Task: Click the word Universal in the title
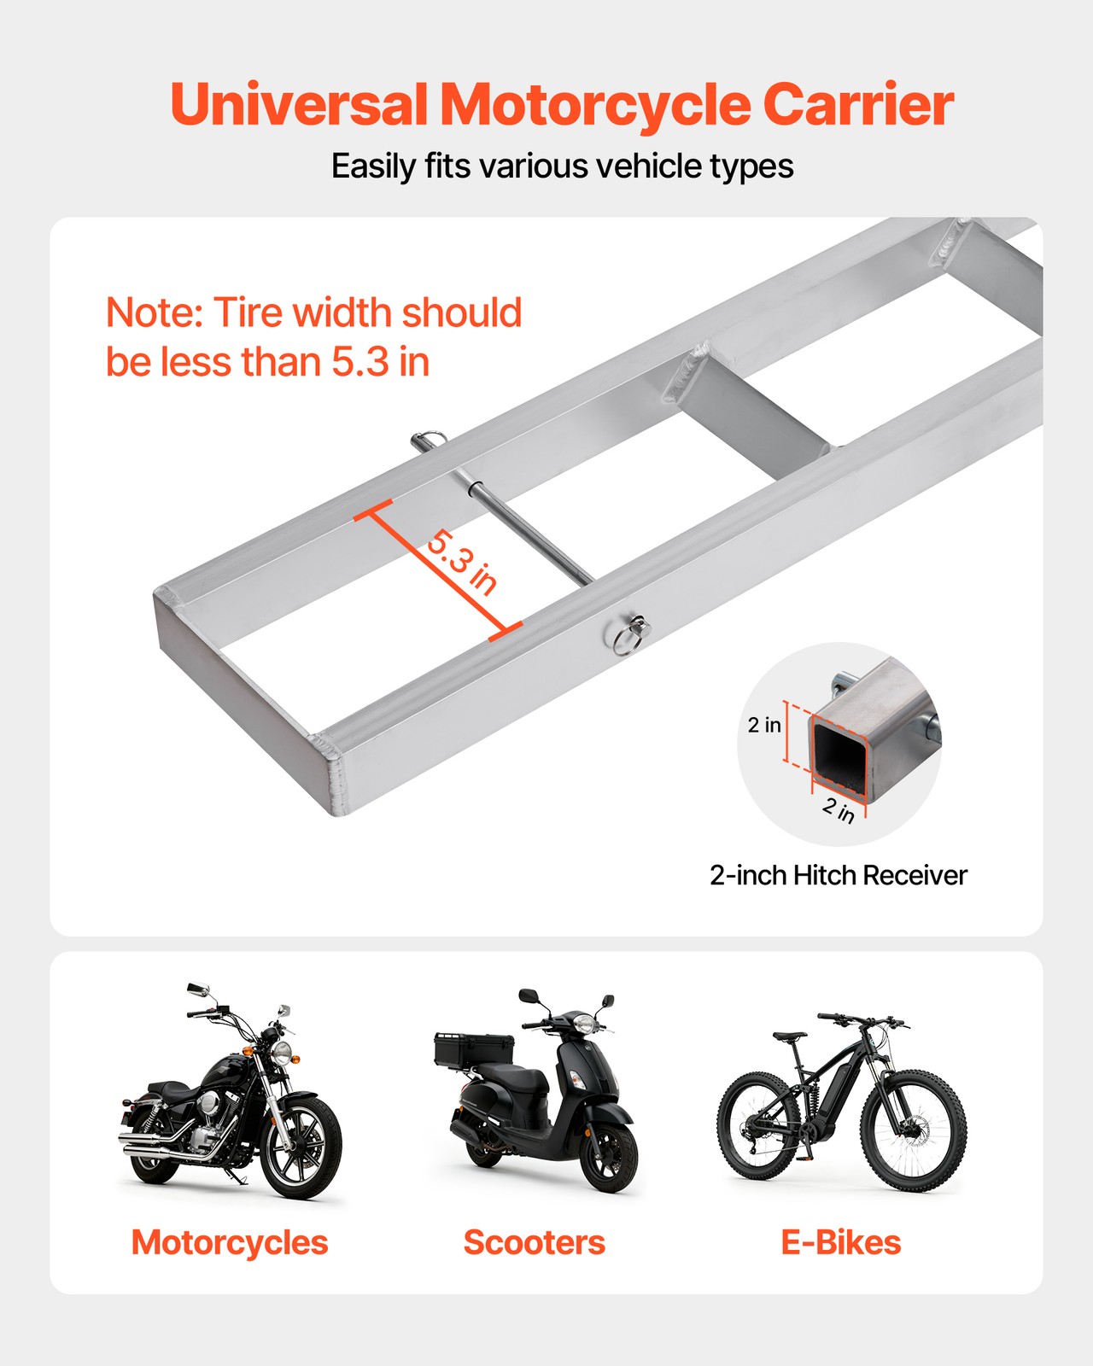coord(299,105)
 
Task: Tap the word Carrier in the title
coord(857,105)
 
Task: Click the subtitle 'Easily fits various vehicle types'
coord(562,166)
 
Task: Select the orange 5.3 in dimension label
coord(461,563)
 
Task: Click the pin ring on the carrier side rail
coord(629,634)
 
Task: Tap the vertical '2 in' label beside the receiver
coord(764,725)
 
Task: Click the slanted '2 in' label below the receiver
coord(839,809)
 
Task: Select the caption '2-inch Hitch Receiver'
coord(838,875)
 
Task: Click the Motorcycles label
coord(230,1242)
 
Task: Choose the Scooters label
coord(534,1242)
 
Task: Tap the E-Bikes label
coord(840,1242)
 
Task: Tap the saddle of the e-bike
coord(790,1036)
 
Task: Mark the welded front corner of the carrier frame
coord(333,768)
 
